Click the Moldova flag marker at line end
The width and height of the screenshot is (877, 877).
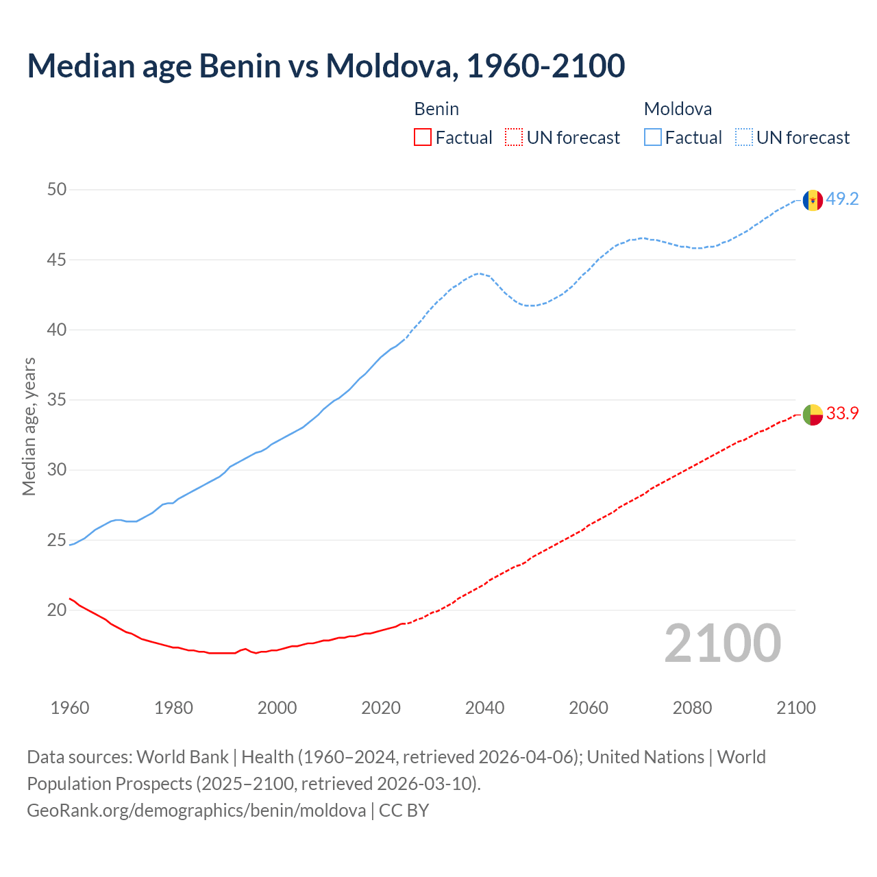tap(813, 200)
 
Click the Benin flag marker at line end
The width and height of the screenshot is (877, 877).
tap(813, 415)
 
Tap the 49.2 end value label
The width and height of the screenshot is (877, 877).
tap(842, 199)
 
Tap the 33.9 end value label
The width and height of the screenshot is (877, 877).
tap(842, 414)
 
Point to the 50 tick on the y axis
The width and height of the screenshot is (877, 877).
tap(57, 190)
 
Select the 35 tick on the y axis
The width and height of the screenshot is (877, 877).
tap(57, 400)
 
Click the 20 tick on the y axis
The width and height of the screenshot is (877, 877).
tap(57, 610)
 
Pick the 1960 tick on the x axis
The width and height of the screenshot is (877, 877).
tap(70, 708)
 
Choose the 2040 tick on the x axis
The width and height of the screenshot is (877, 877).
tap(484, 708)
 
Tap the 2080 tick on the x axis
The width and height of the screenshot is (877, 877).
tap(692, 708)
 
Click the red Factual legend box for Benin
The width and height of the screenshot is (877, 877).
tap(423, 138)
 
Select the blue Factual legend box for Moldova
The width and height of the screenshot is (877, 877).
tap(653, 138)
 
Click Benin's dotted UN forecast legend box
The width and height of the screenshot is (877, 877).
tap(514, 138)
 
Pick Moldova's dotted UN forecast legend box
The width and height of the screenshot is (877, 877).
tap(744, 138)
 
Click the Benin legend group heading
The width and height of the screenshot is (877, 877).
tap(436, 109)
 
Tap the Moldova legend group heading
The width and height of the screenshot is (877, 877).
tap(678, 109)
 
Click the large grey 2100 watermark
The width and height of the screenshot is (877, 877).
tap(722, 643)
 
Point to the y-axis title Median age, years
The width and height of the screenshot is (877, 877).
tap(29, 426)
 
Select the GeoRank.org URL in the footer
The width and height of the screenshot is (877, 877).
tap(196, 811)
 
